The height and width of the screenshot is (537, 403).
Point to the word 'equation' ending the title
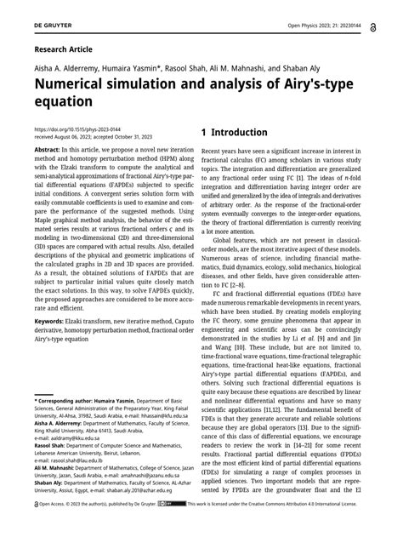(x=63, y=103)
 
